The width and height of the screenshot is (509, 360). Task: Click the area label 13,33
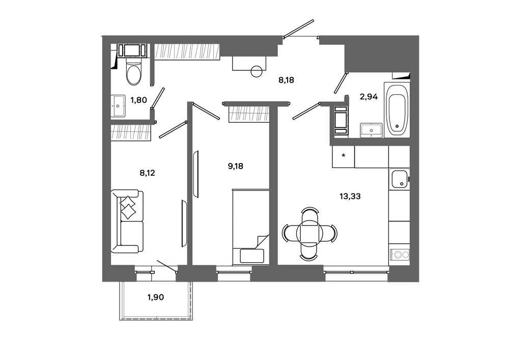(x=350, y=196)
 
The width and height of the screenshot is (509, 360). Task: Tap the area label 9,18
(x=235, y=166)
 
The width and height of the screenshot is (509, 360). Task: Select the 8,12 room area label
(x=147, y=173)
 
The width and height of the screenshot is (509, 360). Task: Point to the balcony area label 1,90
(x=156, y=297)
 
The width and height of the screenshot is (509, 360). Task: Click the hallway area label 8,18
(x=286, y=80)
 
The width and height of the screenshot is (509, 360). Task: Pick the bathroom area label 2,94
(x=369, y=96)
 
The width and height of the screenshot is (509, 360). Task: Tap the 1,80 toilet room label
(x=138, y=100)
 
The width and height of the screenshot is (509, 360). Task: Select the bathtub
(x=397, y=110)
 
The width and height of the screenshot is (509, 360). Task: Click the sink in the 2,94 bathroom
(x=371, y=130)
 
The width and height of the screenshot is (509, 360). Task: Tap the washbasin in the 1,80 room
(x=118, y=106)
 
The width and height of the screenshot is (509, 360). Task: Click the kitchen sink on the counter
(x=399, y=179)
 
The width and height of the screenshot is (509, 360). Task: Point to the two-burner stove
(x=400, y=255)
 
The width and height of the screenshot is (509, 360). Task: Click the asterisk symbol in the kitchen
(x=344, y=155)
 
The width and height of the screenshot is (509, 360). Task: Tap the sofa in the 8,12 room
(x=127, y=221)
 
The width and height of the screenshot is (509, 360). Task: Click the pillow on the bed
(x=252, y=256)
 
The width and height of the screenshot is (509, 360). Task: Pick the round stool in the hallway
(x=257, y=71)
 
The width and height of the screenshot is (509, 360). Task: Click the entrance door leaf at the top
(x=298, y=29)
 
